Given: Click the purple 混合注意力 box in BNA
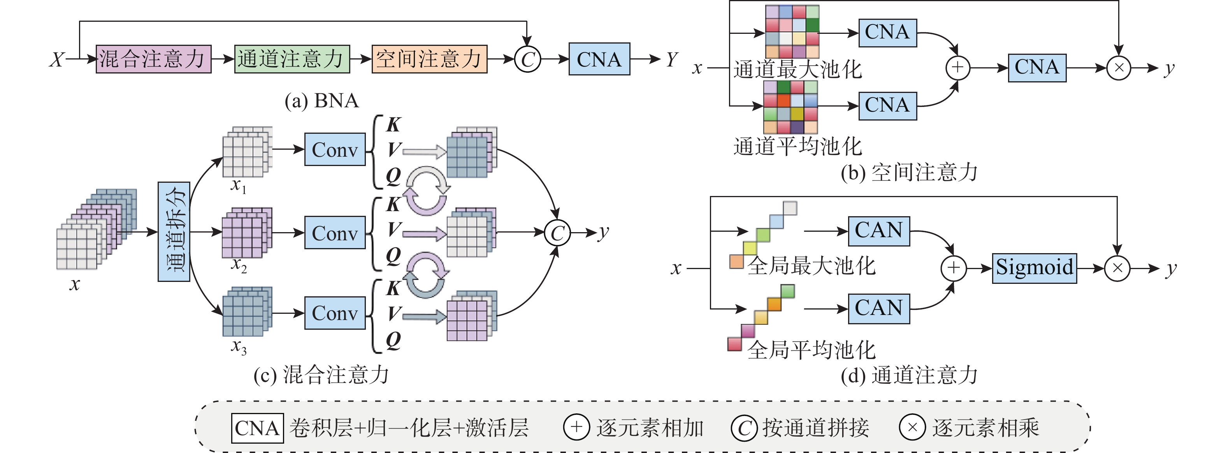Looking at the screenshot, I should click(x=153, y=59).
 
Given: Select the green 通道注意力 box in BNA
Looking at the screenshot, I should click(x=292, y=59).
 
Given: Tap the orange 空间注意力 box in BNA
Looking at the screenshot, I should click(x=429, y=59).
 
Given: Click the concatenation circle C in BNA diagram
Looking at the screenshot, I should click(x=527, y=59).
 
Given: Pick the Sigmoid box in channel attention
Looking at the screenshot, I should click(x=1034, y=268).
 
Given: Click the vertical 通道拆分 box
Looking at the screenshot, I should click(x=174, y=231).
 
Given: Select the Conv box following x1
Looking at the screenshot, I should click(x=335, y=150).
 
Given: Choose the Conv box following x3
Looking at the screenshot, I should click(x=335, y=313).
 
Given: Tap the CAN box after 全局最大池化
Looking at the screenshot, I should click(x=878, y=231).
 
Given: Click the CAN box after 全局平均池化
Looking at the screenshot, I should click(x=878, y=308).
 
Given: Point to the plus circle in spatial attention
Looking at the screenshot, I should click(x=957, y=68).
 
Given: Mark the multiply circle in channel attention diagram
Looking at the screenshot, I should click(x=1117, y=268).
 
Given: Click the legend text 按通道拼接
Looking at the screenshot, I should click(x=816, y=428).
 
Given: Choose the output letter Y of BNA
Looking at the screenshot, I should click(x=671, y=59).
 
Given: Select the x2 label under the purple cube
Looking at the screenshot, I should click(x=239, y=265).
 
